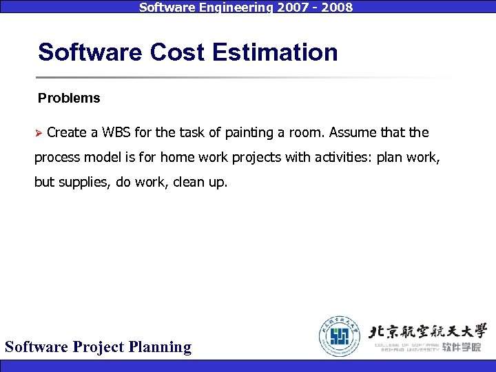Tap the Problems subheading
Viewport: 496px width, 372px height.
point(69,99)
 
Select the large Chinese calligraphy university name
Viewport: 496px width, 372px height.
point(428,330)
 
